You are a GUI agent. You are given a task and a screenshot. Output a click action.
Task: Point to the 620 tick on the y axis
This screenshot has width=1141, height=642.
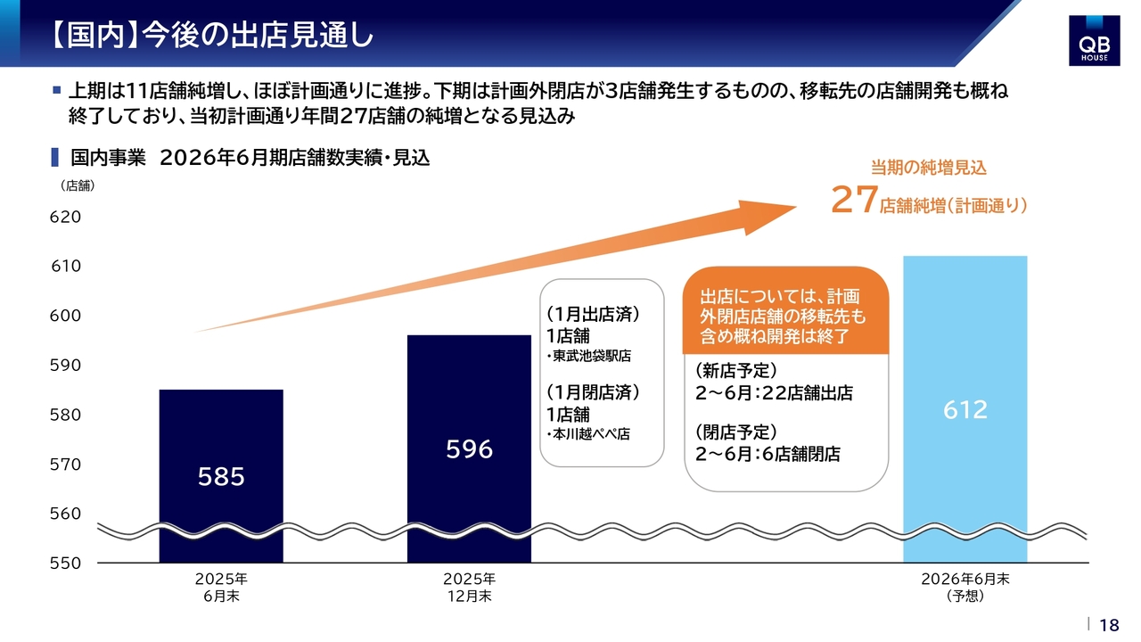[66, 217]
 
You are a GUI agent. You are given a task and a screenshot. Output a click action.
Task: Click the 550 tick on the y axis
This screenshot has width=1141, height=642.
[66, 563]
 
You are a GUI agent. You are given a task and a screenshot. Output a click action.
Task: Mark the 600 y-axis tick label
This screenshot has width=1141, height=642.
[66, 316]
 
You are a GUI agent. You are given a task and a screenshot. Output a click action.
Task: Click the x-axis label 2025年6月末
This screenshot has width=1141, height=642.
[221, 588]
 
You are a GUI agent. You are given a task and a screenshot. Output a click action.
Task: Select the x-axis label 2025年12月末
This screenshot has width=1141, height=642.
[469, 588]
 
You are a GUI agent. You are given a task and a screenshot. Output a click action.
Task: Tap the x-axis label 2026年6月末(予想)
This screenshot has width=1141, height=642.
[965, 588]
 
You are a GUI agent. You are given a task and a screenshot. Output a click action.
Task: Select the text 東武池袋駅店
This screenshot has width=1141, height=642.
[591, 357]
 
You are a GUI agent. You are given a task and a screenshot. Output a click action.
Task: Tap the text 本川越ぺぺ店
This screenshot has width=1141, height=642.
[591, 435]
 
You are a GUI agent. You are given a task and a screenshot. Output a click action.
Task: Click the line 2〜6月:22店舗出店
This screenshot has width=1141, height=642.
[775, 393]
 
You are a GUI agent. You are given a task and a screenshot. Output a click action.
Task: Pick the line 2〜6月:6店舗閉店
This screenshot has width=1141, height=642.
[768, 454]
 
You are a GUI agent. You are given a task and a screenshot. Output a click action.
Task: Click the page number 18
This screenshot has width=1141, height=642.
[1110, 625]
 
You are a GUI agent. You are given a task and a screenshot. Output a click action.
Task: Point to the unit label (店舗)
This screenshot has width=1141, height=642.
[78, 186]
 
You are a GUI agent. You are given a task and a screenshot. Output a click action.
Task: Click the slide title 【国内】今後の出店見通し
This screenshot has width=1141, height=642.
[209, 36]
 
